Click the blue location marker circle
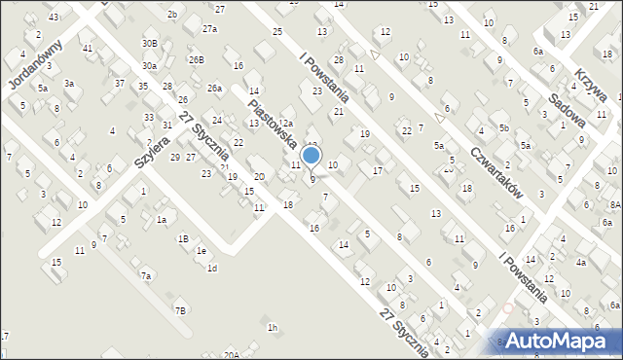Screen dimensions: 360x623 [311, 155]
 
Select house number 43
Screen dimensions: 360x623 [54, 18]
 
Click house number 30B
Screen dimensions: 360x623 [149, 44]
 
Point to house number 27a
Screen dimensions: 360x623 [210, 29]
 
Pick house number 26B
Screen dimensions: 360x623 [197, 59]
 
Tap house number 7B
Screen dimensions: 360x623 [180, 310]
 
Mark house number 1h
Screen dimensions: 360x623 [273, 328]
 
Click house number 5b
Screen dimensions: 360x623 [503, 127]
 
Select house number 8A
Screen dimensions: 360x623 [615, 204]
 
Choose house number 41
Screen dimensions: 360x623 [88, 48]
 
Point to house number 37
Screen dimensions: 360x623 [119, 84]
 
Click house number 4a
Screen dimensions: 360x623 [580, 263]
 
